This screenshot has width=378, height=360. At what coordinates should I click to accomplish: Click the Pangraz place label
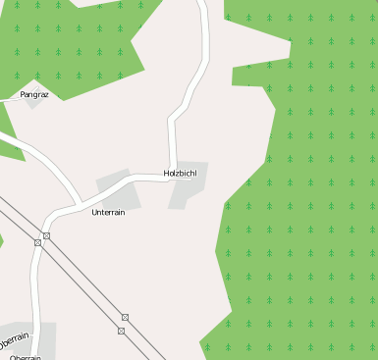[x=34, y=94]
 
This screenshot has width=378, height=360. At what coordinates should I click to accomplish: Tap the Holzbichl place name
[x=182, y=173]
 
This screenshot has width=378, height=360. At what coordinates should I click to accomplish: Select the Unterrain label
[x=108, y=212]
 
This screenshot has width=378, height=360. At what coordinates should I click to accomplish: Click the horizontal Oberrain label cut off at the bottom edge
[x=25, y=357]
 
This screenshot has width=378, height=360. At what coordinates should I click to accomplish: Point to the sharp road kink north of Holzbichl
[x=172, y=119]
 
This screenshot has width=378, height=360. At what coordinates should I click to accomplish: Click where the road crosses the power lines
[x=41, y=238]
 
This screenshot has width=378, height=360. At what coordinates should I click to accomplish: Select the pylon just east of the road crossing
[x=46, y=236]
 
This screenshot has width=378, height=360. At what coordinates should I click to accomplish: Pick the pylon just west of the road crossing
[x=37, y=241]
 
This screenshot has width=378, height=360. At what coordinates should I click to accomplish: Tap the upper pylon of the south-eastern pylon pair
[x=125, y=317]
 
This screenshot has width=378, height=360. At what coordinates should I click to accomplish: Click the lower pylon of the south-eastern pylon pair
[x=121, y=331]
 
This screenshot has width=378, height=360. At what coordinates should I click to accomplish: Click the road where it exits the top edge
[x=202, y=3]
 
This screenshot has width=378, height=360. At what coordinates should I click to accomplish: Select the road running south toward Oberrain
[x=36, y=284]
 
